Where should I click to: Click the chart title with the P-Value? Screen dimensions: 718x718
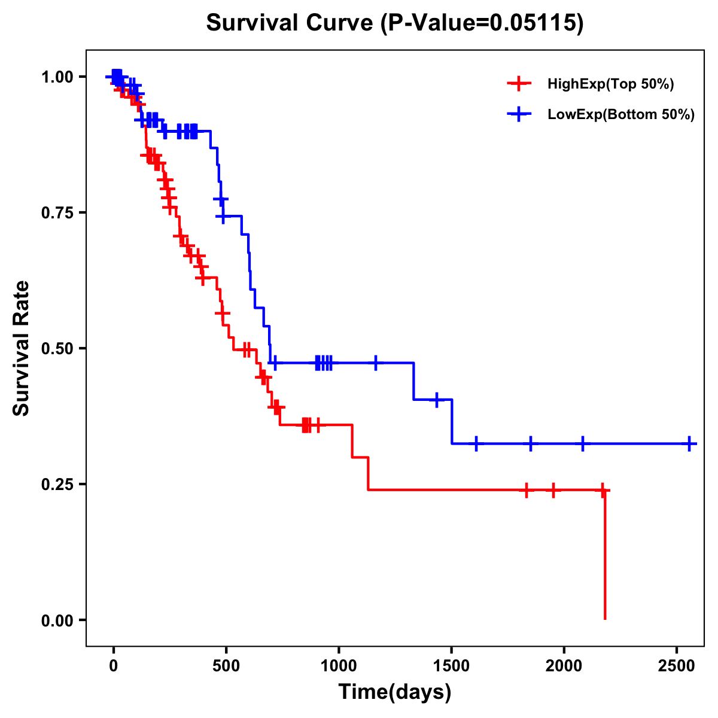point(394,23)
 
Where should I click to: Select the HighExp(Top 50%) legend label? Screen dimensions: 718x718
point(610,84)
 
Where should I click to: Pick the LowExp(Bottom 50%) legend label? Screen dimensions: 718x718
point(621,115)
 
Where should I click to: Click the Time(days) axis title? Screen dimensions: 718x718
point(395,692)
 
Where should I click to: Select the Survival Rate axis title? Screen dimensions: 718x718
point(22,348)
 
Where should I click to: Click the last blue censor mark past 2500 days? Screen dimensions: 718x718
point(689,444)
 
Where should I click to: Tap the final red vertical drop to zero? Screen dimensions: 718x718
point(605,556)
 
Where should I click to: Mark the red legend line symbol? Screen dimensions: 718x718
point(519,84)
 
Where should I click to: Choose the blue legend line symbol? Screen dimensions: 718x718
point(519,115)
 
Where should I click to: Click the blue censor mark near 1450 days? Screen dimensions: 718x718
point(437,400)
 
